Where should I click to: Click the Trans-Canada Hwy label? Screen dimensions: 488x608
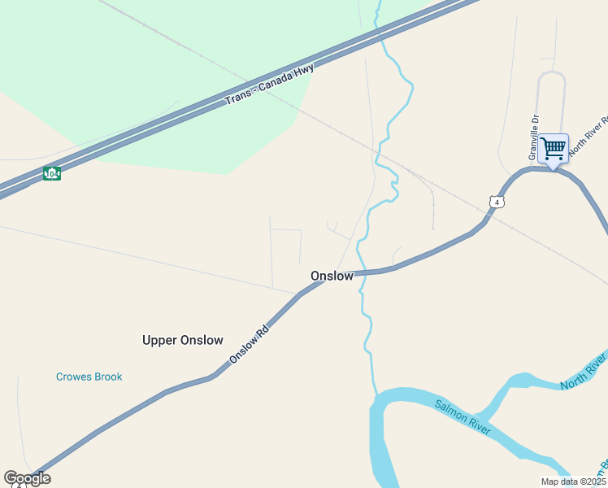coord(269,84)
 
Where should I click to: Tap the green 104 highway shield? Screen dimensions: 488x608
coord(52,174)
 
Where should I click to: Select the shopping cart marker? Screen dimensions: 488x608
coord(553,150)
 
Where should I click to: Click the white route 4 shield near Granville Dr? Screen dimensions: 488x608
coord(497,202)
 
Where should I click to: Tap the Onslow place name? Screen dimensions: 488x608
coord(332,276)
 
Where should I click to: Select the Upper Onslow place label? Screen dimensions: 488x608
coord(182,340)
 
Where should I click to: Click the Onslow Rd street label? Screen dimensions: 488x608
coord(249,346)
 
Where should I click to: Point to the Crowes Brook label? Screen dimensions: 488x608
coord(89,377)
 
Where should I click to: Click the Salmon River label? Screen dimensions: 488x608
coord(463,416)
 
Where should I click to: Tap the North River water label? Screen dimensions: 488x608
coord(584,370)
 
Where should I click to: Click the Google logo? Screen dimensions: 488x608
coord(27,478)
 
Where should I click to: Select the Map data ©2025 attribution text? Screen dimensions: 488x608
coord(573,481)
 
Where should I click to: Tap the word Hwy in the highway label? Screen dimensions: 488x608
coord(304,70)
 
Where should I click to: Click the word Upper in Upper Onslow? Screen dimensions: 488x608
coord(159,340)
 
